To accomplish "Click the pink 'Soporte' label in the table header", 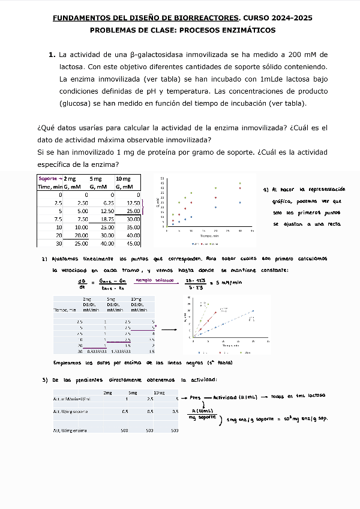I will point(49,179).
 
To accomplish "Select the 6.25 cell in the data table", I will point(107,203).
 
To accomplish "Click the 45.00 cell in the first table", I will point(131,243).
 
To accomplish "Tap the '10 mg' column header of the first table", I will point(123,179).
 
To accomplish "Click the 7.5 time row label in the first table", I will point(58,219).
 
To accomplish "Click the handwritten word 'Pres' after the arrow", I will point(195,397).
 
